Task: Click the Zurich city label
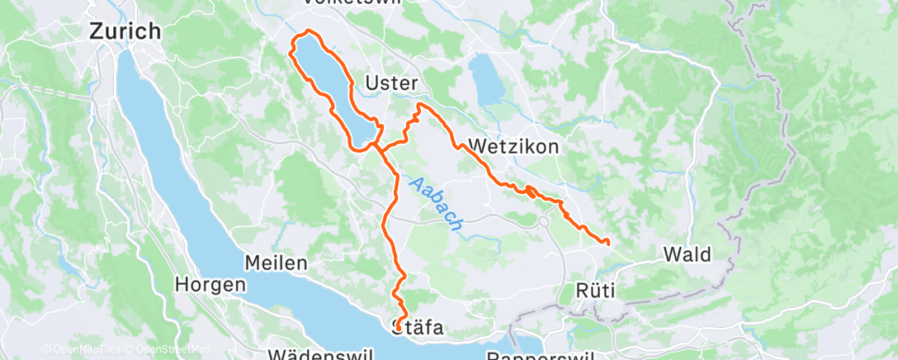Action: pos(125,31)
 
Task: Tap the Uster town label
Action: pos(392,84)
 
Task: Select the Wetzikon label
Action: pos(513,146)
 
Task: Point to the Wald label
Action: pos(687,254)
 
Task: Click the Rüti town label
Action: pos(596,291)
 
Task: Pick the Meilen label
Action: pos(276,263)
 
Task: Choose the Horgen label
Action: pos(210,284)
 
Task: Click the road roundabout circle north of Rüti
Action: pos(544,221)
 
